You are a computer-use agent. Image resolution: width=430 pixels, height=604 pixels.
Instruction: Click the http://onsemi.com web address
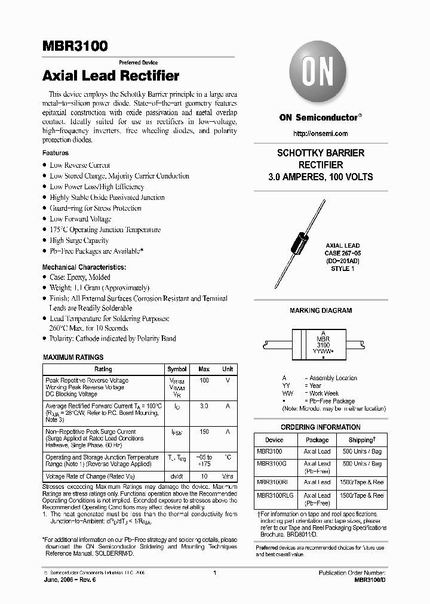click(x=321, y=134)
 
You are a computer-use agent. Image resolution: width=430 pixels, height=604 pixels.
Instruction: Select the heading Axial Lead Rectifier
click(x=111, y=76)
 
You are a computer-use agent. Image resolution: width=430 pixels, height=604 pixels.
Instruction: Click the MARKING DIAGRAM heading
click(x=321, y=310)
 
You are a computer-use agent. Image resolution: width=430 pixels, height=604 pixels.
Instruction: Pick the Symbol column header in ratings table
click(x=177, y=369)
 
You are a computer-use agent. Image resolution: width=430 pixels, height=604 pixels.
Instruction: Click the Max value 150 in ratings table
click(x=204, y=432)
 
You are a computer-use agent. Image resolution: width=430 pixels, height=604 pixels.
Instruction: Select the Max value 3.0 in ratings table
click(x=204, y=406)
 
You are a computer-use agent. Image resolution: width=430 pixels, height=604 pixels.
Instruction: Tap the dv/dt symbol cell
click(x=177, y=476)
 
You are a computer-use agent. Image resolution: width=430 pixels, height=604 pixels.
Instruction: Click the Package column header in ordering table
click(x=317, y=440)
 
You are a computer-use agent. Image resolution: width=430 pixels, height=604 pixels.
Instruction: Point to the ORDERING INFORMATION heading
click(x=321, y=427)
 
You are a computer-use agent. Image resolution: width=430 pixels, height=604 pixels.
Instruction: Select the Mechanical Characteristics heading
click(x=84, y=267)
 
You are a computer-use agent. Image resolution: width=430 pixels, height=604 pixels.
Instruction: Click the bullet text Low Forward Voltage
click(x=81, y=219)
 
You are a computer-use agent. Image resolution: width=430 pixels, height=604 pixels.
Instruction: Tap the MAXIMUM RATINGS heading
click(x=73, y=357)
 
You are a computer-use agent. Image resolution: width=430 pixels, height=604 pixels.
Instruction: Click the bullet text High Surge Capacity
click(x=79, y=241)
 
